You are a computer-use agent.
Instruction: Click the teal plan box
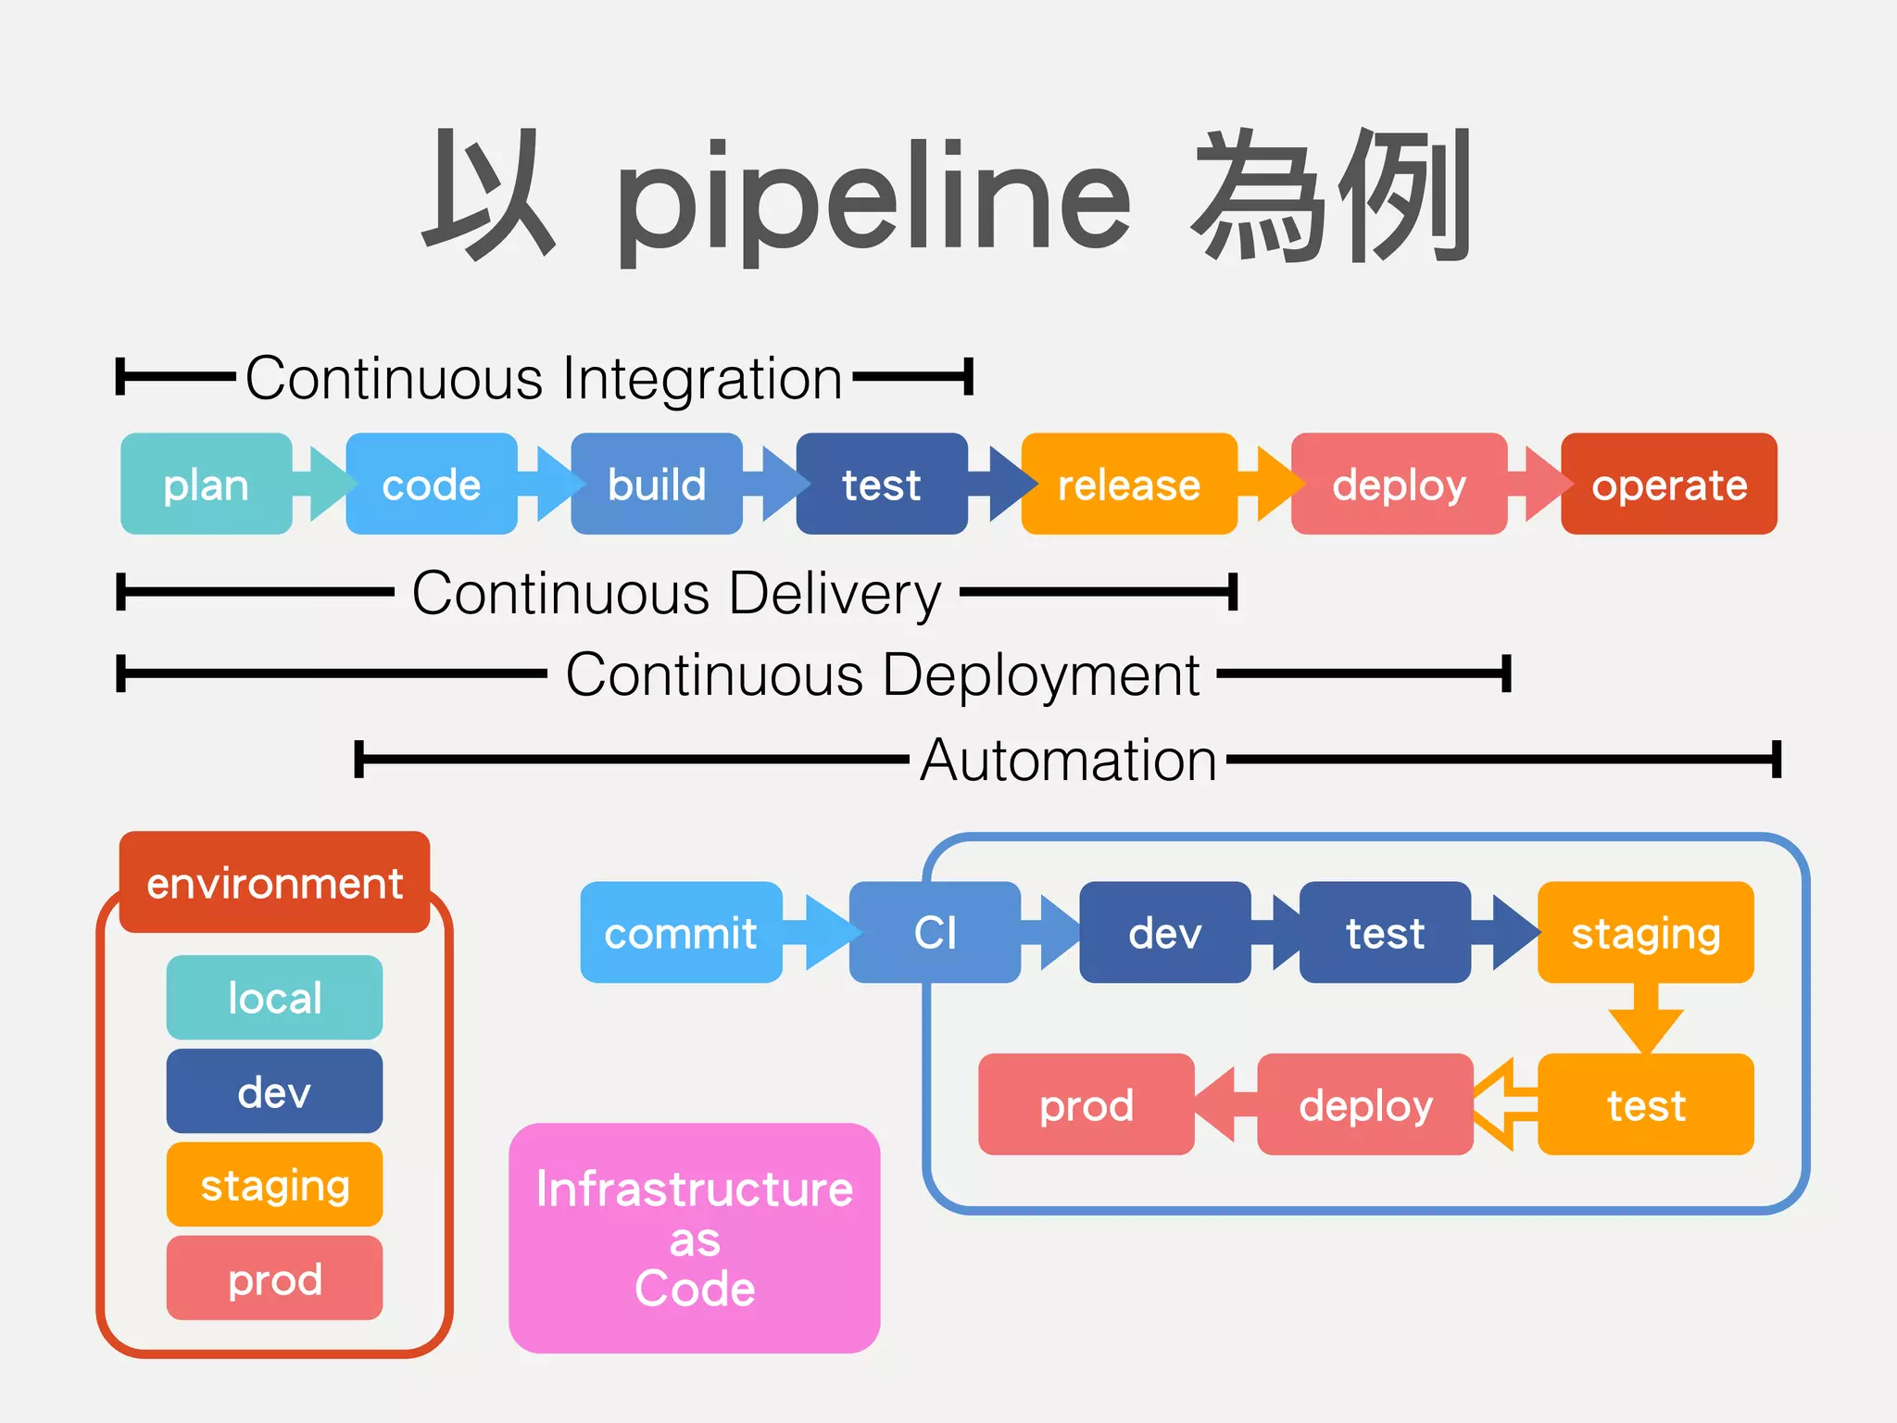[x=206, y=484]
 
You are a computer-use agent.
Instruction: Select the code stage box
[x=431, y=484]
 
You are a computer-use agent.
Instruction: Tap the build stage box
[x=656, y=484]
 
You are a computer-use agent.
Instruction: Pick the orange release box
[x=1128, y=484]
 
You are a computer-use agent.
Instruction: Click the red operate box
[x=1668, y=484]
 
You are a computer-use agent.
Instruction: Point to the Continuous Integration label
[x=544, y=378]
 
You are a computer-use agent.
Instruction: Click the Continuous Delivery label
[x=676, y=593]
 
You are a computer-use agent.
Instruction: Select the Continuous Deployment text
[x=882, y=674]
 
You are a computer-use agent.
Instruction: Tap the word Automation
[x=1067, y=760]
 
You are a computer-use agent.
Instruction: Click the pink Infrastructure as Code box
[x=694, y=1238]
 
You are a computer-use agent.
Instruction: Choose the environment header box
[x=274, y=882]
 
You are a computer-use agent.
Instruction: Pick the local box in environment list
[x=274, y=998]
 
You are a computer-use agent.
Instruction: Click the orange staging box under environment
[x=274, y=1184]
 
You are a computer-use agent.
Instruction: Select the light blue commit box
[x=681, y=932]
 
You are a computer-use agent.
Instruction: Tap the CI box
[x=934, y=932]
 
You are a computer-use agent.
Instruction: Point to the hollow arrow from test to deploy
[x=1504, y=1104]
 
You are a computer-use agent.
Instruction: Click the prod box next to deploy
[x=1086, y=1104]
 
